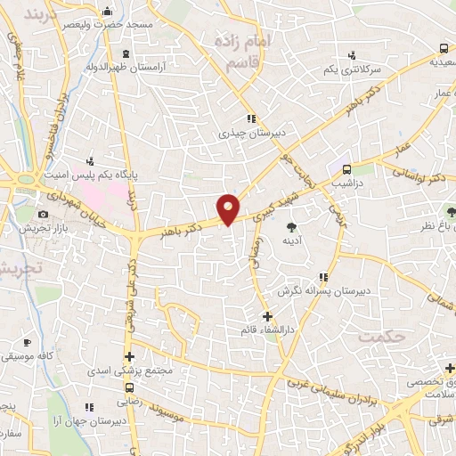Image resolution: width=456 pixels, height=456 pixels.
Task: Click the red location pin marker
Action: tap(229, 208)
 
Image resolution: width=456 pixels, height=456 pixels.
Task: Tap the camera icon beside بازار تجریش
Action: tap(43, 215)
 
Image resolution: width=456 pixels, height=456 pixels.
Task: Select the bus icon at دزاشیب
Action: tap(346, 168)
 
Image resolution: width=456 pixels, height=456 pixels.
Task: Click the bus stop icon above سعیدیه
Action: tap(444, 48)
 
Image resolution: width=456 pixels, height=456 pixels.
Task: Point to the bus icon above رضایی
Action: tap(131, 388)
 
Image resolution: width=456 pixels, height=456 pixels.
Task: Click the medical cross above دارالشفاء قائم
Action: tap(266, 316)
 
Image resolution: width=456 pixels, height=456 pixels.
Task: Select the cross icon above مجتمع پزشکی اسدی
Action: tap(129, 356)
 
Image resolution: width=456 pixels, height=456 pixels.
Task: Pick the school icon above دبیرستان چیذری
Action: tap(252, 118)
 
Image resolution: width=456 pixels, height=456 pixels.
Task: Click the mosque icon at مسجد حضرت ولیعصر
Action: tap(108, 11)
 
